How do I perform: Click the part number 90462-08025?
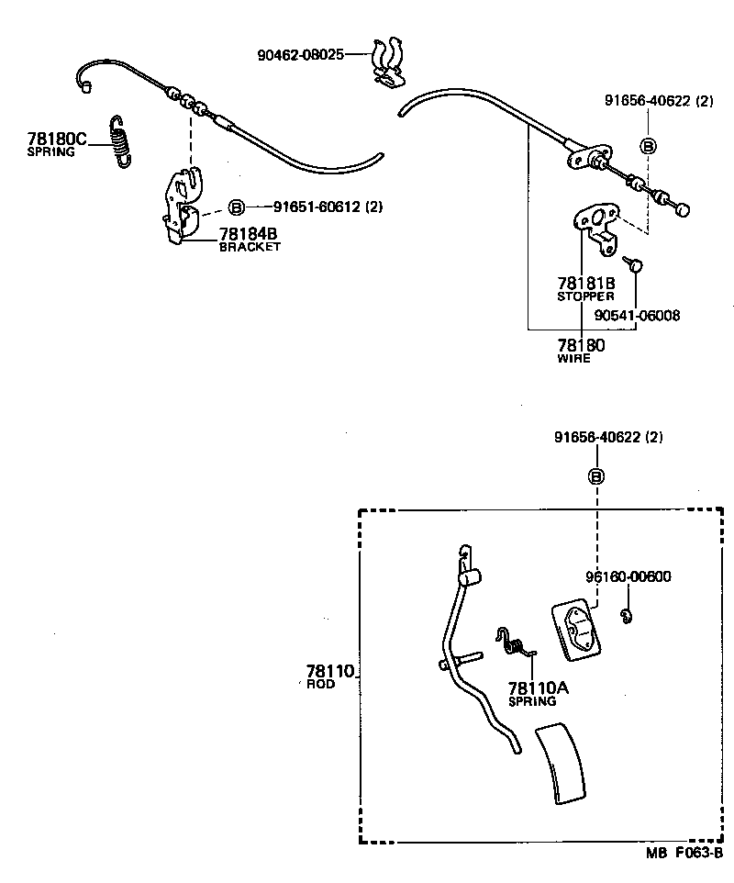coord(300,55)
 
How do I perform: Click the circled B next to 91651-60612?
coord(235,207)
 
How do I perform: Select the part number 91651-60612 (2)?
coord(316,207)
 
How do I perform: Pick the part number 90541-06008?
coord(637,316)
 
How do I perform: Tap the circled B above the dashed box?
coord(595,476)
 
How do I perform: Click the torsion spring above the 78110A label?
coord(517,642)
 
